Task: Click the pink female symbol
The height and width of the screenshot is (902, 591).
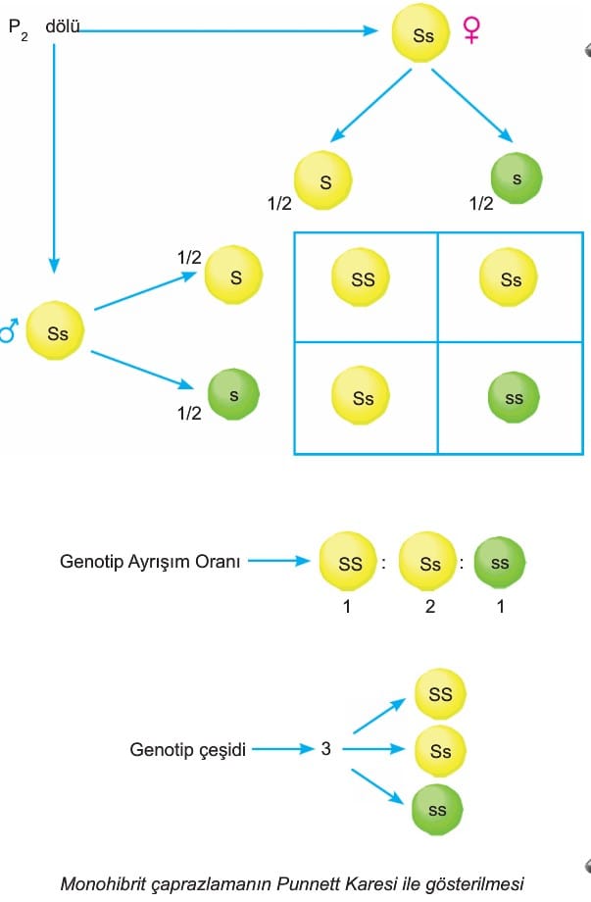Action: pos(471,33)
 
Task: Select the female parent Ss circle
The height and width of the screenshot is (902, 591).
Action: pos(422,36)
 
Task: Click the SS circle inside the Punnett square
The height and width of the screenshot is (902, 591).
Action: pos(364,279)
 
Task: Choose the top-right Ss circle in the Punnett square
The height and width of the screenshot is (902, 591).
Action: pos(511,279)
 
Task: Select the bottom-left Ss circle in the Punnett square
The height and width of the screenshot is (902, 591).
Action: pos(364,398)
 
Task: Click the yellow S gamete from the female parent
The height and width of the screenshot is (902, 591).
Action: pos(324,181)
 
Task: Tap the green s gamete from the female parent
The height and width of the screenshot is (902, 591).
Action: pos(517,182)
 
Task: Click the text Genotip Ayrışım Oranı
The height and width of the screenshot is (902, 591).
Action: pos(150,563)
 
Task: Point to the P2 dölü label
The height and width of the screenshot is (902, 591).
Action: pos(44,26)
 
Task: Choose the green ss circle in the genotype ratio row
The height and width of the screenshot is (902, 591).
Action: pos(500,565)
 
